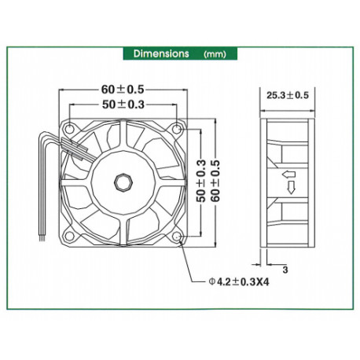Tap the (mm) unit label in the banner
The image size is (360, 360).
tap(215, 55)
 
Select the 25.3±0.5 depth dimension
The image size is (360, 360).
tap(288, 95)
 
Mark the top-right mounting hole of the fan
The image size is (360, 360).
tap(181, 127)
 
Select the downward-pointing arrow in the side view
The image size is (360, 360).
tap(291, 187)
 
